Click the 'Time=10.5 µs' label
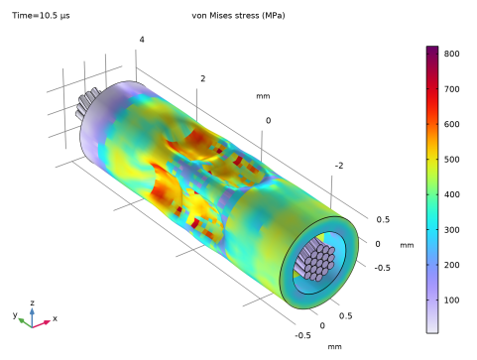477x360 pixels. (x=41, y=16)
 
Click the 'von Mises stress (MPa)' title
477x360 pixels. (x=238, y=16)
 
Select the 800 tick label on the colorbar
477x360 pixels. (x=451, y=54)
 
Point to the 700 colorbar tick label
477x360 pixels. (x=451, y=89)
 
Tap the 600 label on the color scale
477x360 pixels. (x=451, y=124)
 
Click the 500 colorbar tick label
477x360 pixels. (x=451, y=160)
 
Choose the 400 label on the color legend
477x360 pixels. (x=451, y=194)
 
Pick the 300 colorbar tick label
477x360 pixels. (x=451, y=230)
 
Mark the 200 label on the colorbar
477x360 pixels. (x=451, y=265)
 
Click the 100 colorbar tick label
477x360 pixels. (x=451, y=300)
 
